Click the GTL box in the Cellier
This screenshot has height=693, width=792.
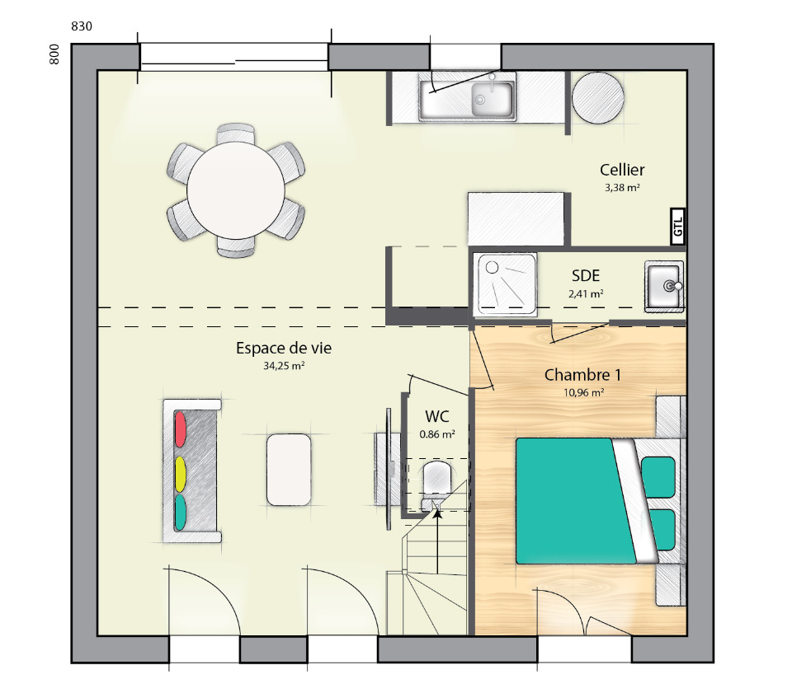[678, 227]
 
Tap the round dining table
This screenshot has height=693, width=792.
[236, 190]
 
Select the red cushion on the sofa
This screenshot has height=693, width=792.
[180, 429]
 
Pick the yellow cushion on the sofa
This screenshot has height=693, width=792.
[180, 474]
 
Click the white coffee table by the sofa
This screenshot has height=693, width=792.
[289, 470]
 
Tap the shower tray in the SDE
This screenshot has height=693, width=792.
[505, 284]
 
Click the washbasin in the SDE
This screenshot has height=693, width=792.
[664, 286]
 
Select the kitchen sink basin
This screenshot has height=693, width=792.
[492, 99]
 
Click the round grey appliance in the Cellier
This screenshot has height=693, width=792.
[597, 97]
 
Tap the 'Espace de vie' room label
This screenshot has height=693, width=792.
[284, 348]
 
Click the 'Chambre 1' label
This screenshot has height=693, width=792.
[582, 375]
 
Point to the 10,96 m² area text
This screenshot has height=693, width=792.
[584, 392]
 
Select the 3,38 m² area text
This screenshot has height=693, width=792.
[622, 188]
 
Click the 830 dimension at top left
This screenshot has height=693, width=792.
[82, 26]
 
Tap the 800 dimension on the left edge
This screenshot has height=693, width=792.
[54, 54]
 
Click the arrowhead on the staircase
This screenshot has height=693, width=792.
[437, 513]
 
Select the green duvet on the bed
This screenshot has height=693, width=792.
[576, 501]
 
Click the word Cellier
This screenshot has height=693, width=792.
[622, 170]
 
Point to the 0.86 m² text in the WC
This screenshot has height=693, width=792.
[437, 434]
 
